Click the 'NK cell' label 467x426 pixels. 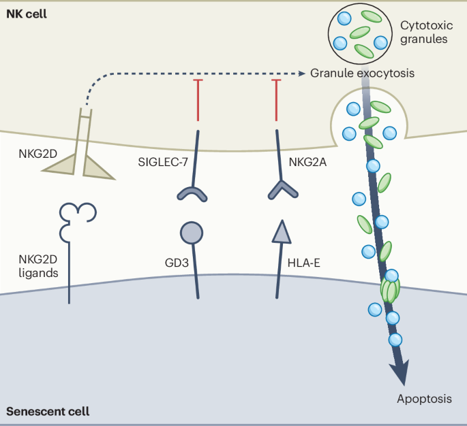[27, 14]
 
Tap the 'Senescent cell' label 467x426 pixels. [48, 412]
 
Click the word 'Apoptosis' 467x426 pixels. [424, 398]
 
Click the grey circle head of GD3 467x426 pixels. [192, 233]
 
